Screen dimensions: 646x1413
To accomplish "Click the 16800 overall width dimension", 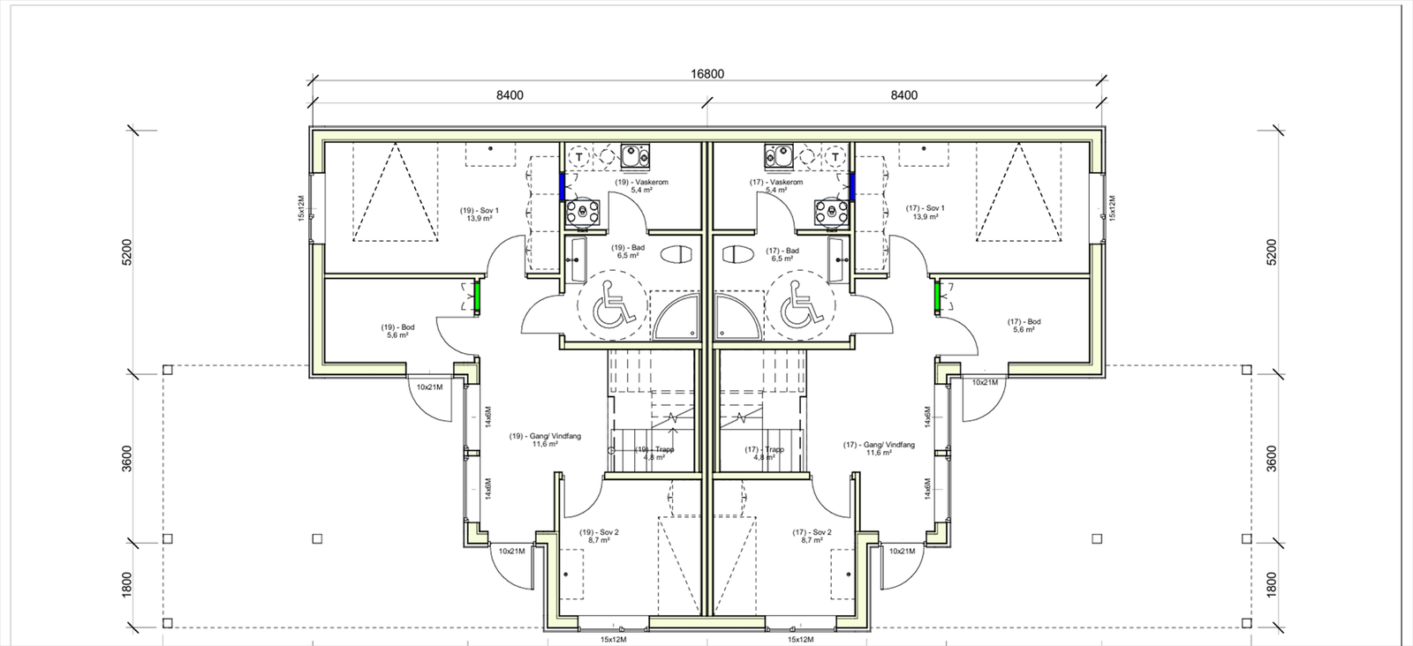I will (706, 74).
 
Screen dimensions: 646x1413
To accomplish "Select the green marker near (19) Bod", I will (476, 296).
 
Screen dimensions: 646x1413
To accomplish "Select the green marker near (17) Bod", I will (937, 296).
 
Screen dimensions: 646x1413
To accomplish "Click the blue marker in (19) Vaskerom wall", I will (562, 186).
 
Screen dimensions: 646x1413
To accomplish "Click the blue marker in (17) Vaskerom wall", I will (852, 186).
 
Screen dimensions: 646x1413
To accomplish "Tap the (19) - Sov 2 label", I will (599, 536).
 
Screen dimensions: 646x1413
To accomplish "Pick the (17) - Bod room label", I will (1024, 326).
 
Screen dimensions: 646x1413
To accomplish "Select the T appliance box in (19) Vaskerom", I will (578, 157).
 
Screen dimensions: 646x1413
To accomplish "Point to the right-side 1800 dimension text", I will (1271, 586).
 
